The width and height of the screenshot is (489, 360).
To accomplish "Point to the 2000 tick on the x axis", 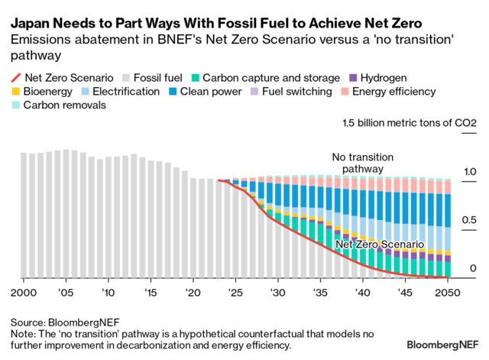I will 24,293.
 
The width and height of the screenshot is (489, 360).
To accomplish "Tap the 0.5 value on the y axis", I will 469,220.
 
